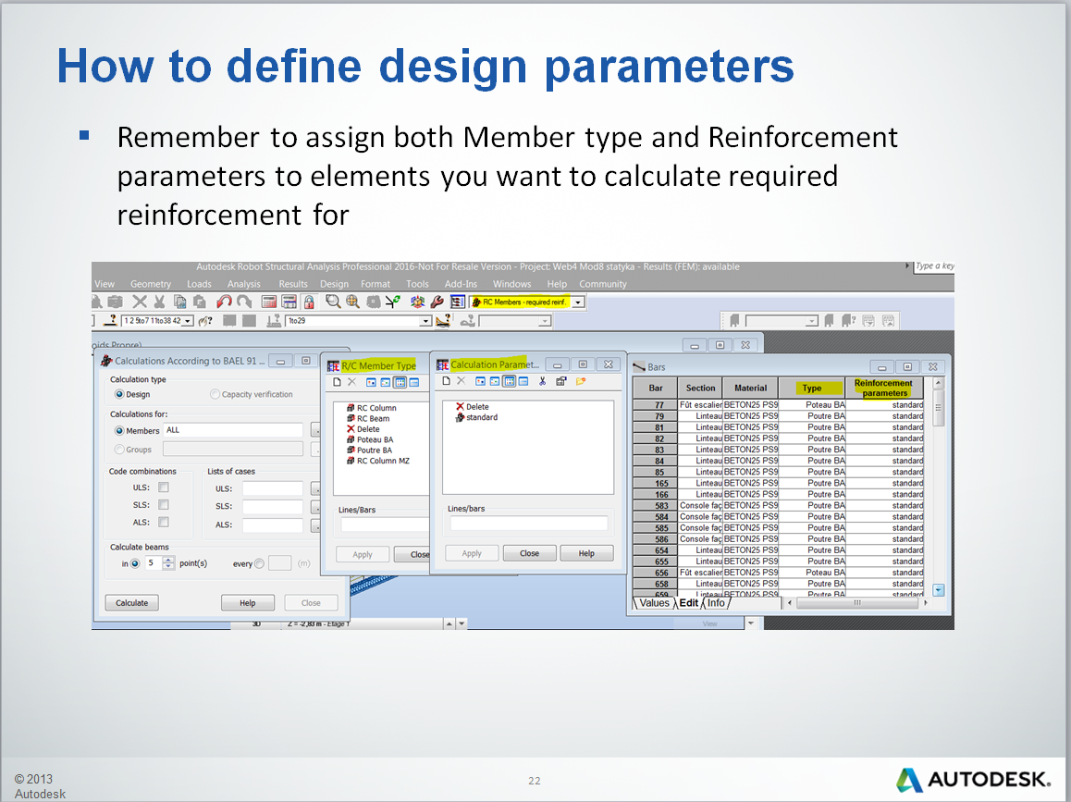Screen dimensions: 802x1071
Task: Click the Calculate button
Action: click(131, 602)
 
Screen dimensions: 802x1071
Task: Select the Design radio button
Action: click(119, 394)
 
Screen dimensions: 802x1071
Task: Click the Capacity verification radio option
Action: click(215, 394)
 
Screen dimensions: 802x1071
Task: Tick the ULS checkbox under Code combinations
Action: click(164, 487)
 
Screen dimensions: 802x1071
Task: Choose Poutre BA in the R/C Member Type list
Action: click(375, 450)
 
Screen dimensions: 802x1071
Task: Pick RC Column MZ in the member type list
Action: click(382, 461)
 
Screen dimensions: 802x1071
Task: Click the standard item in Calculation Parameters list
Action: click(481, 417)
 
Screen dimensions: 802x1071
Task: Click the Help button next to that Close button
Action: click(586, 553)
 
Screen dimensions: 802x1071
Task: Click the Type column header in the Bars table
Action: click(811, 389)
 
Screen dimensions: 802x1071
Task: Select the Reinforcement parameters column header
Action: click(884, 389)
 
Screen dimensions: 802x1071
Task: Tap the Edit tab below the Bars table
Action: click(689, 603)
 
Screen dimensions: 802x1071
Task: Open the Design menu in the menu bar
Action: click(334, 284)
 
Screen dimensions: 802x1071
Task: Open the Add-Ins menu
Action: click(461, 284)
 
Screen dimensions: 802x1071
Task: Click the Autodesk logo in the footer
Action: click(973, 779)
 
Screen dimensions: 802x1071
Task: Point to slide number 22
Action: click(535, 780)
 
